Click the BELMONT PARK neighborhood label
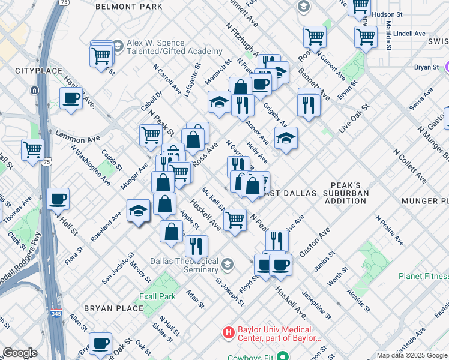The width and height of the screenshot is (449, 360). pyautogui.click(x=128, y=7)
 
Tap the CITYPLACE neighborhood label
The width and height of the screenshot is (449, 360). pyautogui.click(x=38, y=71)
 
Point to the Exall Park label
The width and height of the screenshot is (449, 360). pyautogui.click(x=159, y=296)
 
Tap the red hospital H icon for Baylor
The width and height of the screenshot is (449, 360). pyautogui.click(x=228, y=332)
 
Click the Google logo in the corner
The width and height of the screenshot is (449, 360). pyautogui.click(x=19, y=353)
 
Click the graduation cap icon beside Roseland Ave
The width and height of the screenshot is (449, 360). pyautogui.click(x=138, y=211)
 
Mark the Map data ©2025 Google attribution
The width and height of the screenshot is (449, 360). pyautogui.click(x=412, y=355)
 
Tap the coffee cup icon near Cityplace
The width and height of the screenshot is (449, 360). pyautogui.click(x=71, y=98)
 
